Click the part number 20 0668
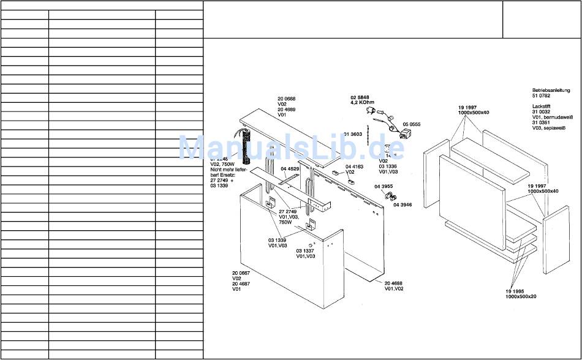(286, 99)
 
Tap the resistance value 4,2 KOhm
(363, 103)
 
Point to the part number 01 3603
(353, 134)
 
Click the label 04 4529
(290, 169)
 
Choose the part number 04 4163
(354, 167)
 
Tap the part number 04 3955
(384, 186)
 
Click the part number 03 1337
(305, 251)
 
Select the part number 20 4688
(394, 283)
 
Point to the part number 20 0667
(241, 272)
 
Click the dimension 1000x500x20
(521, 297)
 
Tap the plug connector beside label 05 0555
(404, 133)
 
